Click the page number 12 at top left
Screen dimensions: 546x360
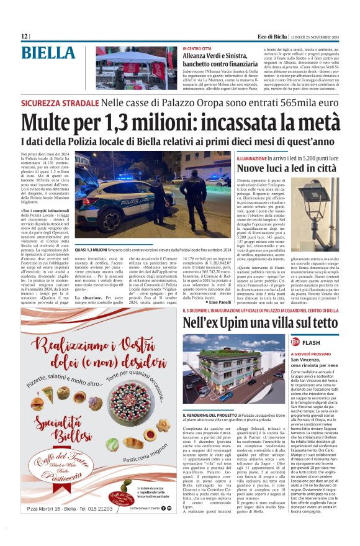point(24,37)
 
